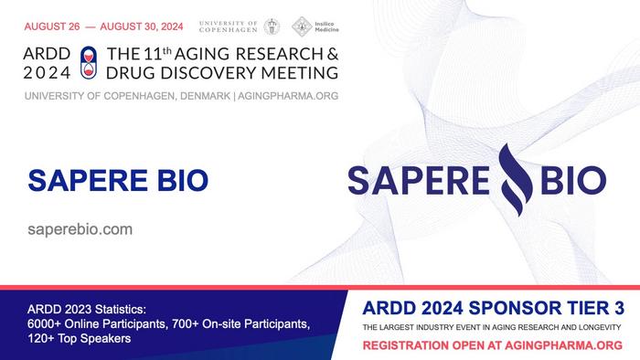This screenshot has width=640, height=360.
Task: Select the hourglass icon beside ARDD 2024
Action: tap(89, 60)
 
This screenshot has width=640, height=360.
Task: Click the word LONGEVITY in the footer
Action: tap(598, 326)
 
